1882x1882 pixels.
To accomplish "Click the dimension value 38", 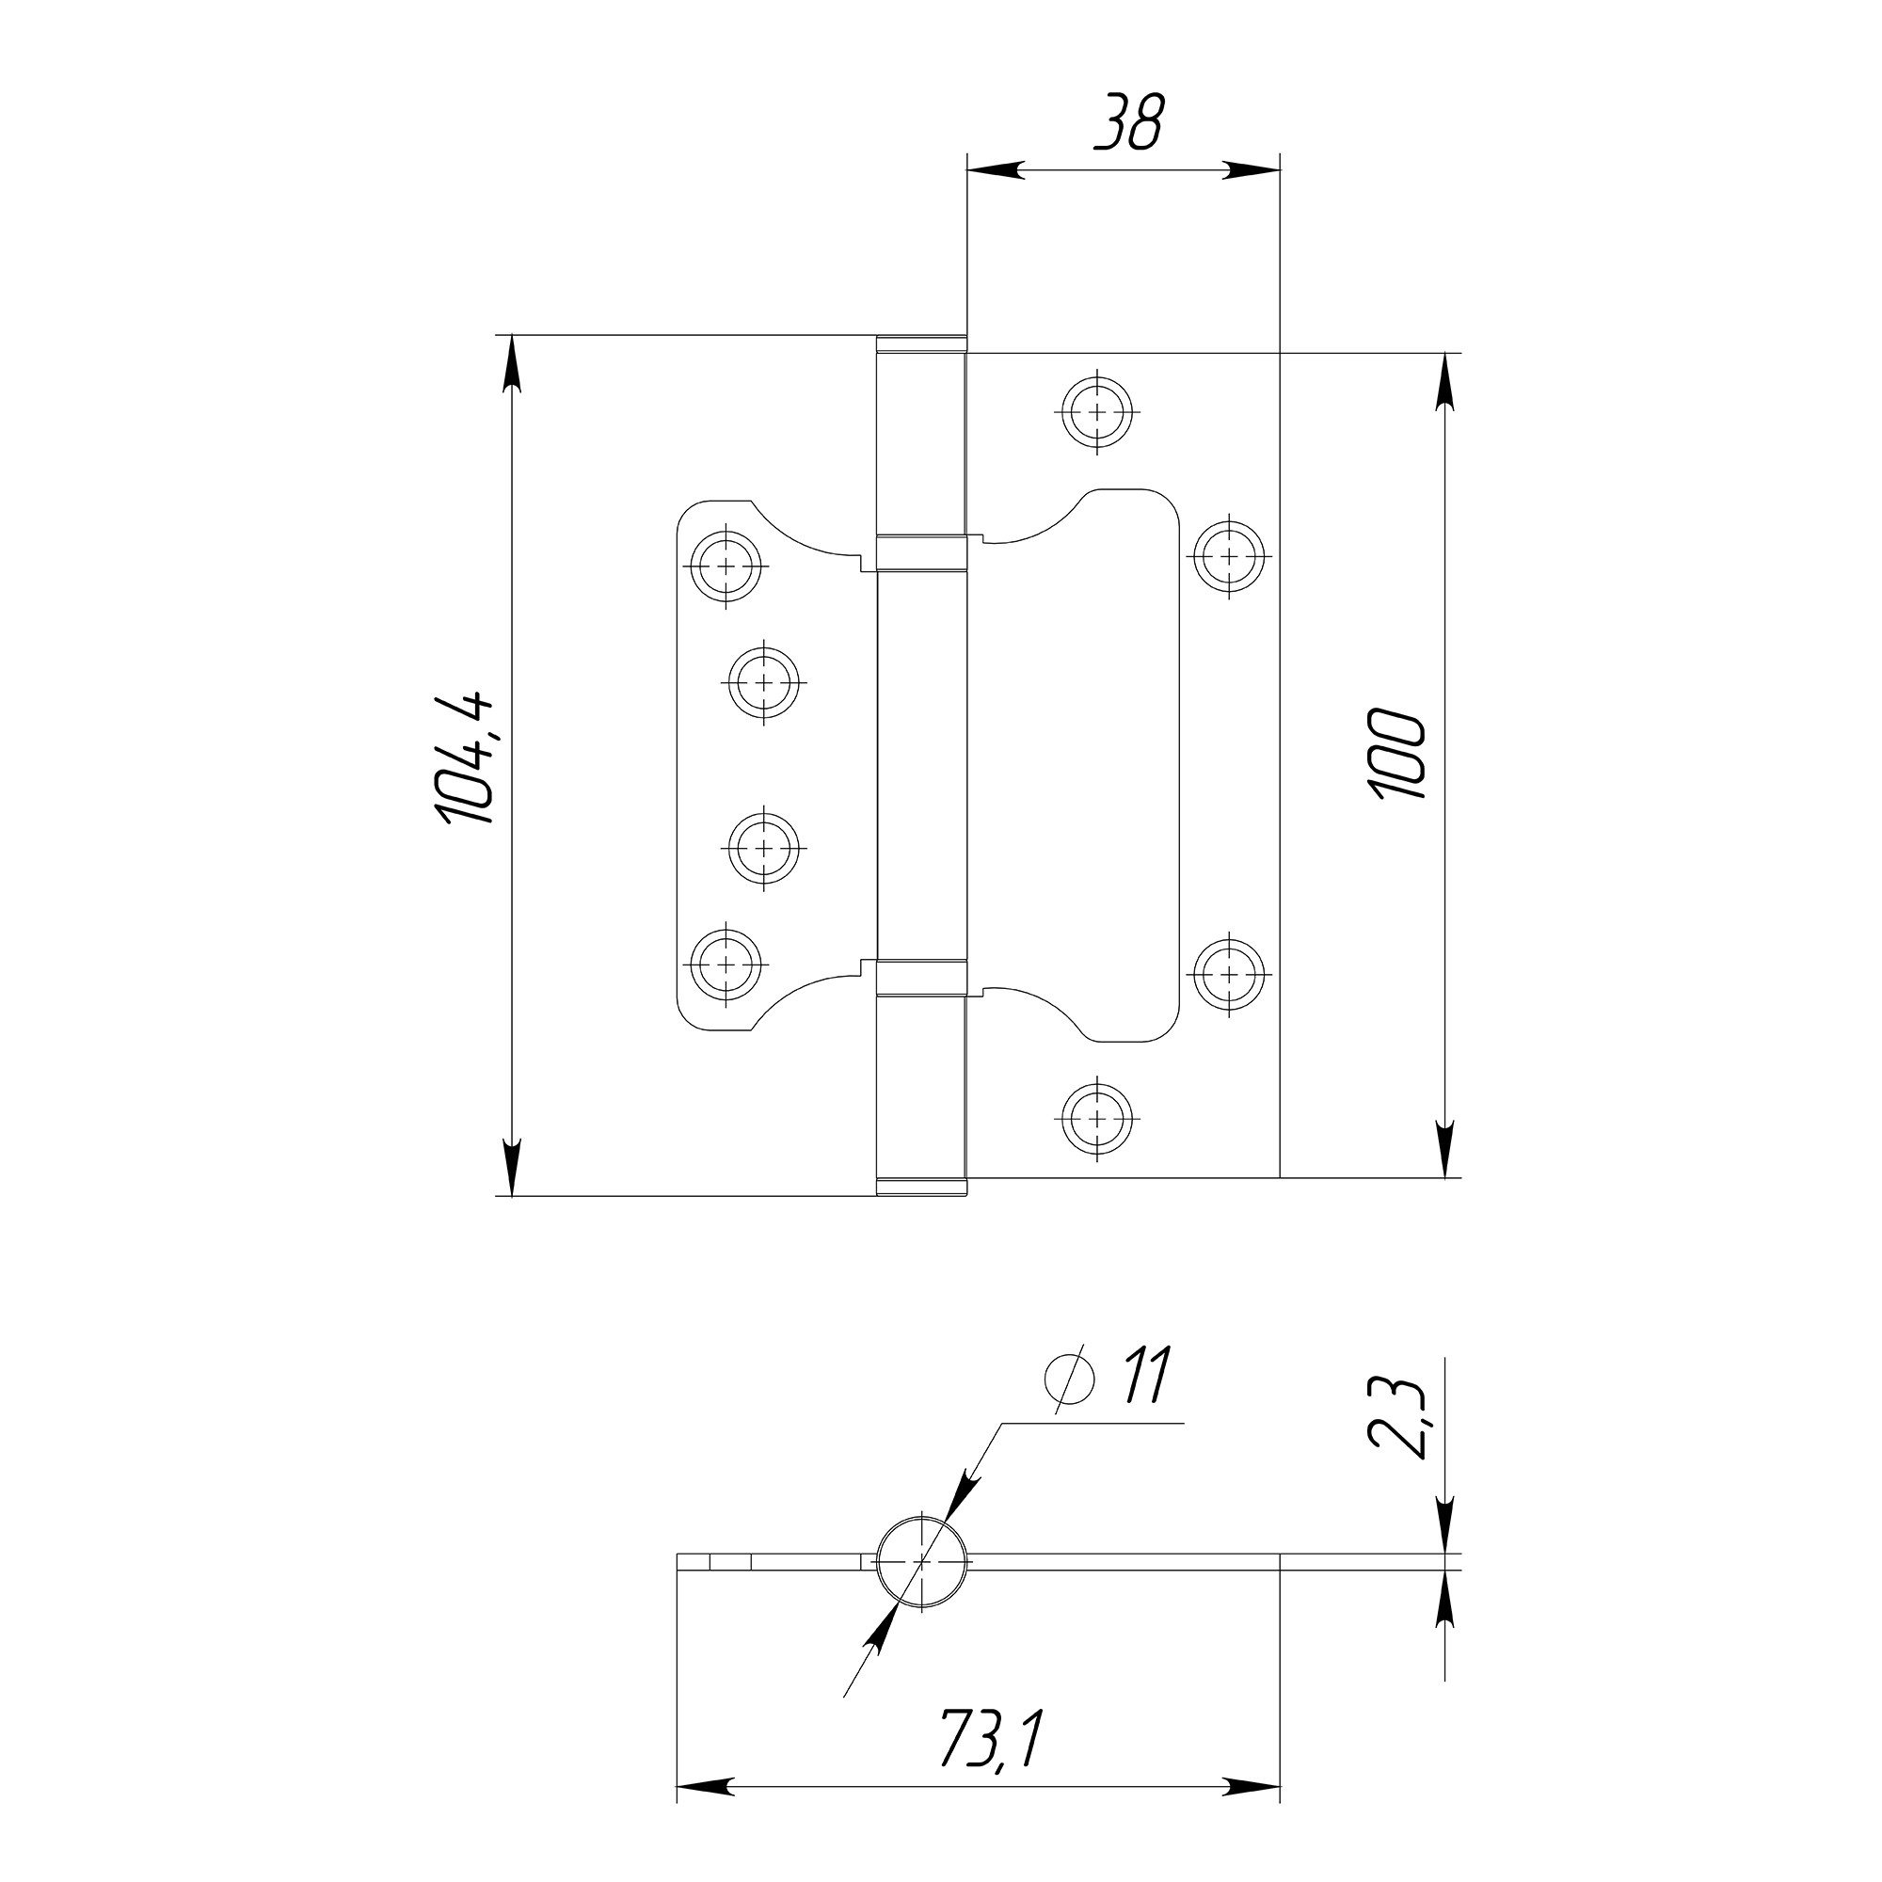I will [1129, 123].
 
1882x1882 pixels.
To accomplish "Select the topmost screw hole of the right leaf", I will [1098, 412].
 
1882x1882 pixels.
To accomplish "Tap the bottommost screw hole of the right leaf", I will [1098, 1118].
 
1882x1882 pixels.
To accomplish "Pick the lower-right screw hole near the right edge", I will [1229, 974].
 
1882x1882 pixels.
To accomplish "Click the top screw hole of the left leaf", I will [726, 566].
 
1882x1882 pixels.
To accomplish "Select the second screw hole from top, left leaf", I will [765, 682].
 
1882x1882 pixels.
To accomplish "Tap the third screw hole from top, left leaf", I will [765, 849].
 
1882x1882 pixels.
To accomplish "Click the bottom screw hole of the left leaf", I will [726, 965].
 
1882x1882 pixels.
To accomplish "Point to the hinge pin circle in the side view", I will [922, 1561].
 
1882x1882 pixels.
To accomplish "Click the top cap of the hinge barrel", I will [921, 343].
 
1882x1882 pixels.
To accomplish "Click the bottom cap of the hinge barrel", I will [921, 1188].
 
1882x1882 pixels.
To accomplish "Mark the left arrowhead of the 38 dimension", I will [994, 169].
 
